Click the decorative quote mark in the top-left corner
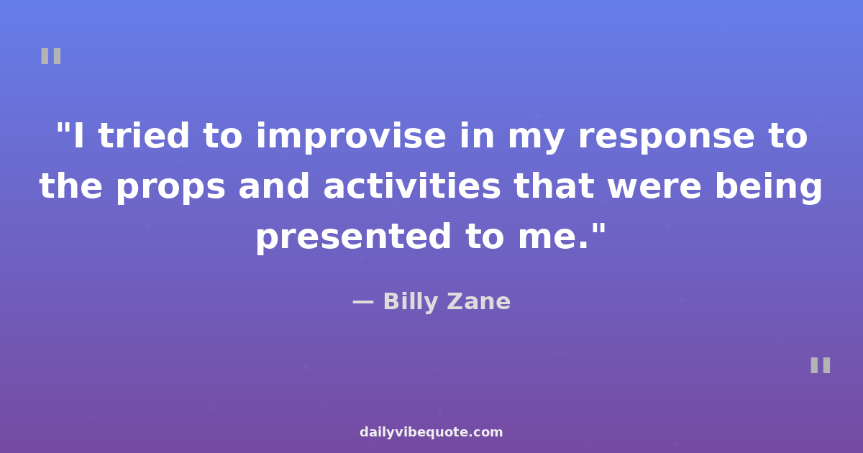tap(51, 56)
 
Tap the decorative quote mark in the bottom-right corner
tap(821, 365)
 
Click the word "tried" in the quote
tap(144, 136)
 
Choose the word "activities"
tap(412, 186)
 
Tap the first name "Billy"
tap(411, 302)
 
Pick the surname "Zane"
tap(478, 301)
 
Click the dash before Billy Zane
tap(363, 303)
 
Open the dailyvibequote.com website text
tap(431, 433)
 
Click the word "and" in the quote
tap(274, 186)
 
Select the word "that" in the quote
tap(554, 186)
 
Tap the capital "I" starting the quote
tap(78, 136)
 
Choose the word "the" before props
tap(70, 186)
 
